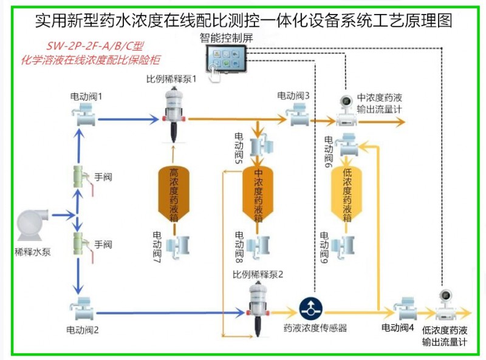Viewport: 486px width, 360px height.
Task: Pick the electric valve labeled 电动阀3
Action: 299,114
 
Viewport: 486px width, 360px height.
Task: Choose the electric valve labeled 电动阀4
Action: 405,308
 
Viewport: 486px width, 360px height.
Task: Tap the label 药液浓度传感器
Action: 315,328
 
